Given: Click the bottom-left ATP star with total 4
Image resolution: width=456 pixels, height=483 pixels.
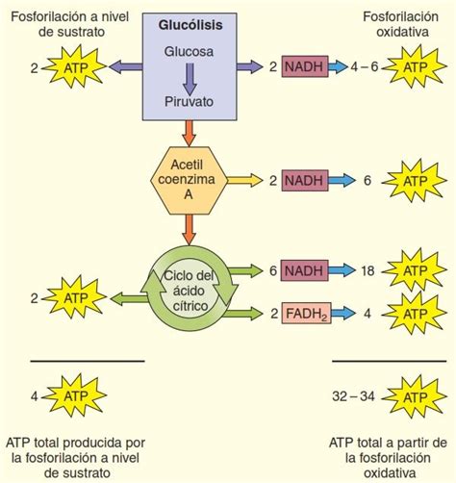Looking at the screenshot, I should (x=76, y=395).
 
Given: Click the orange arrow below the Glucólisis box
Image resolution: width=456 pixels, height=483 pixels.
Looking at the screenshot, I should (x=190, y=129).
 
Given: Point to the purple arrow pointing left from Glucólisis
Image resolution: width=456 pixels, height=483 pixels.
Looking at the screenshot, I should (x=124, y=67).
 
